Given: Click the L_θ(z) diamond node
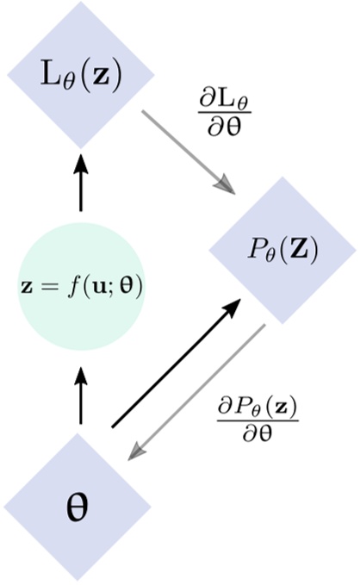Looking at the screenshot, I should [x=82, y=76].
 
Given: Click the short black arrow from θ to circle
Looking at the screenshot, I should [x=81, y=395].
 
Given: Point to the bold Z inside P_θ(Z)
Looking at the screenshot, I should [x=301, y=251].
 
